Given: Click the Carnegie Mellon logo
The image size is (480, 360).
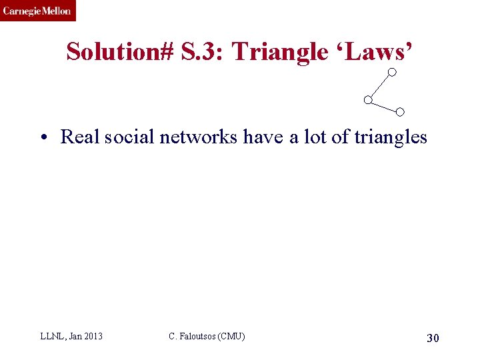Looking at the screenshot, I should click(x=37, y=11).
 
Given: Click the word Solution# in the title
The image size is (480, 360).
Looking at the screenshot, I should click(x=122, y=51).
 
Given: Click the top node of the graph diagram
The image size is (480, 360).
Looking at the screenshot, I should click(x=393, y=72).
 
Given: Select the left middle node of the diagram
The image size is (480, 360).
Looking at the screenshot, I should click(x=367, y=100).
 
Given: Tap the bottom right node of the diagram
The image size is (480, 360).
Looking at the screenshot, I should click(x=400, y=111).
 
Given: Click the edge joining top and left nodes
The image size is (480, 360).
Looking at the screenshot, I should click(x=380, y=86).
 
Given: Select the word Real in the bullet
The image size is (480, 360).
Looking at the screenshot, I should click(x=77, y=137).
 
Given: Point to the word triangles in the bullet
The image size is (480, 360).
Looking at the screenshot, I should click(x=390, y=138).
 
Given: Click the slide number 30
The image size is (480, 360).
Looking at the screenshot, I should click(x=433, y=339).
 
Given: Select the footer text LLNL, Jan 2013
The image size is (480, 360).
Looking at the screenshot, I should click(x=71, y=337).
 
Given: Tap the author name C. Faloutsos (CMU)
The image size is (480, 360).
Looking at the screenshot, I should click(x=207, y=337).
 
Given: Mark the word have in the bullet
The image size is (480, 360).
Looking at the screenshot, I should click(x=264, y=137).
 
